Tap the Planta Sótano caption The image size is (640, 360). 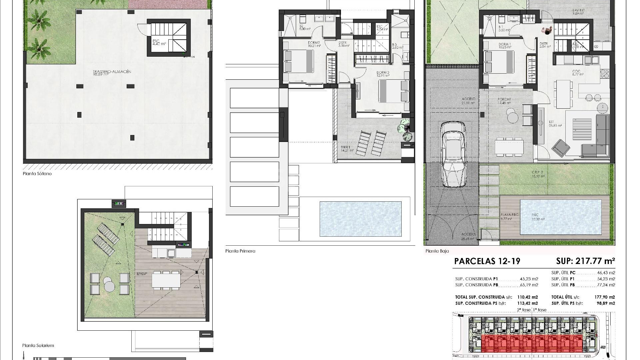point(37,174)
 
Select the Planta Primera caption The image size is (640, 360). point(240,251)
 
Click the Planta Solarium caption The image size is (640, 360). point(38,346)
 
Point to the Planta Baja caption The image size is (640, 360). point(437,251)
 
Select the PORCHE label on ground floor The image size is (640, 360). point(504,99)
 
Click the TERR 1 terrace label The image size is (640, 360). point(346,147)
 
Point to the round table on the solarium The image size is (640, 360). point(109,282)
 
